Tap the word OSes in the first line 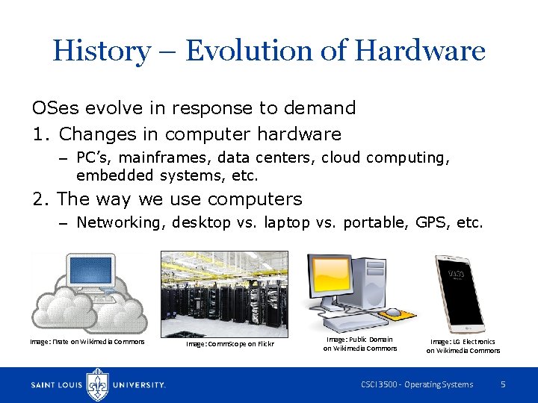[55, 108]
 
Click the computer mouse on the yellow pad [392, 311]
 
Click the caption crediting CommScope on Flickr [229, 344]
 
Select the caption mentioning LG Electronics [463, 346]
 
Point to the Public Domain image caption [360, 343]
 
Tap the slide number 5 [503, 384]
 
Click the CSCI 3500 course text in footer [416, 384]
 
